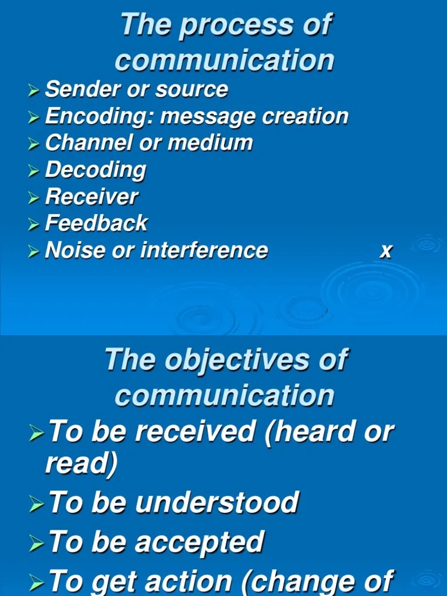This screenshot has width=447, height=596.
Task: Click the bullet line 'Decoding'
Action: [95, 171]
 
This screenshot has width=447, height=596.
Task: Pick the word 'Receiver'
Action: [91, 197]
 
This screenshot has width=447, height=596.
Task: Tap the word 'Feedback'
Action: [96, 223]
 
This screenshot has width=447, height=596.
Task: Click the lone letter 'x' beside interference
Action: [385, 251]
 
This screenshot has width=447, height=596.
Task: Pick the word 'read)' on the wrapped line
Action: [81, 464]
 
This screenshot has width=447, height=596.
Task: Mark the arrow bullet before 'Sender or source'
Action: [34, 91]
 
